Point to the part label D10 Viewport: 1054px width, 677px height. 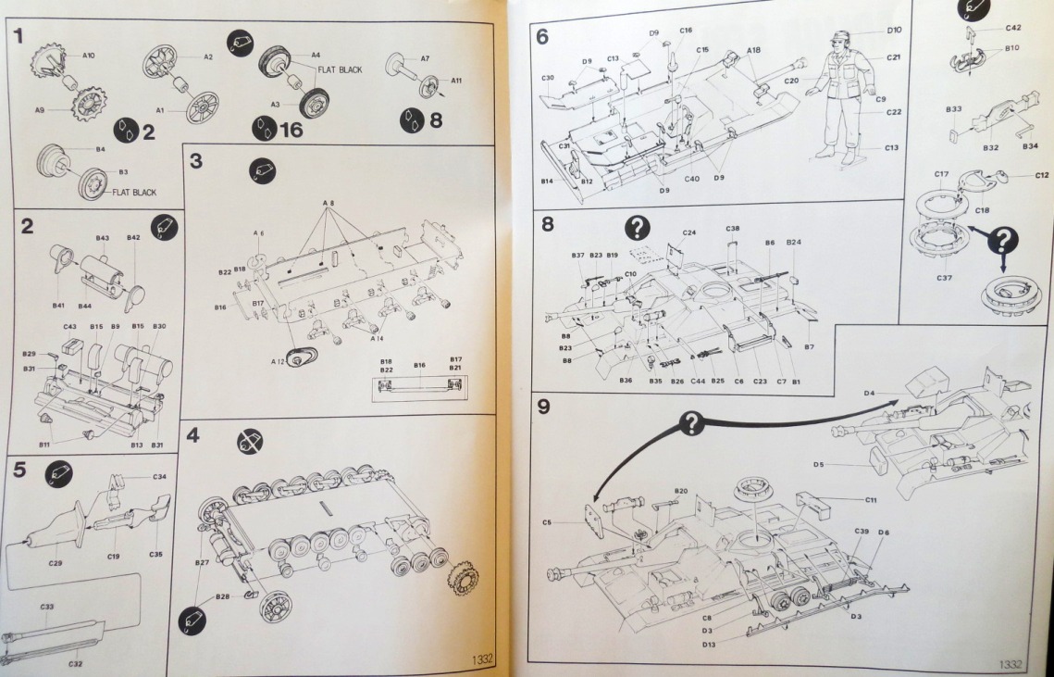coord(894,31)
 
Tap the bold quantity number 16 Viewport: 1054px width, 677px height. coord(291,130)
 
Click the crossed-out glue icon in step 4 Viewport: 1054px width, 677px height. coord(249,442)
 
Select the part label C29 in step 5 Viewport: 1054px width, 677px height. coord(56,563)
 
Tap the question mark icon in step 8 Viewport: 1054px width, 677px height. coord(638,228)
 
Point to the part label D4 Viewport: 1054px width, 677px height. coord(869,393)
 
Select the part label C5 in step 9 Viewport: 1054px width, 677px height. coord(547,523)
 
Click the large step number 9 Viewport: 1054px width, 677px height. coord(543,407)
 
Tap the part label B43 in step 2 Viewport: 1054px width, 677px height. coord(103,238)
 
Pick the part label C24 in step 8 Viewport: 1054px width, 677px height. coord(688,232)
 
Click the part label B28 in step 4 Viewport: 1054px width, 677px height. coord(222,596)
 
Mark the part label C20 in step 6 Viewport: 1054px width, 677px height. coord(790,81)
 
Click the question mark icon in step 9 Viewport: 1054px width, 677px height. coord(691,424)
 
